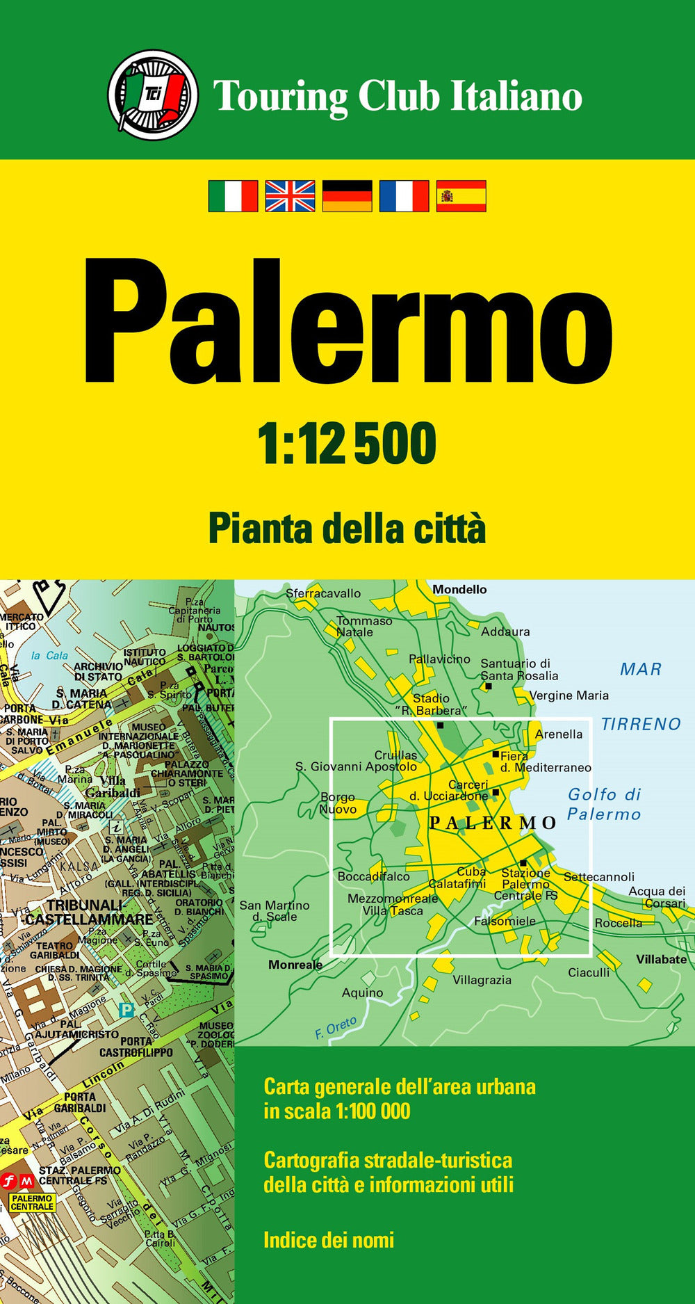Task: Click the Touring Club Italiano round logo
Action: [153, 95]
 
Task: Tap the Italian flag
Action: [233, 195]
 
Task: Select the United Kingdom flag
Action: [290, 195]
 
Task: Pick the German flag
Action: [347, 195]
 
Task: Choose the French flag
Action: [404, 195]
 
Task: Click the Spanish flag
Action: [461, 195]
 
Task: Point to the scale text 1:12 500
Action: [347, 444]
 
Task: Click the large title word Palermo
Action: [347, 323]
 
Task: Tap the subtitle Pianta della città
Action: [347, 529]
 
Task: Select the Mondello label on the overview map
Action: [459, 590]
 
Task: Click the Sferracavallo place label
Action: [323, 593]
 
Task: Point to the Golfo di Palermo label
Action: [604, 804]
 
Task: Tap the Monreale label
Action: [295, 965]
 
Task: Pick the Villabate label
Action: [661, 959]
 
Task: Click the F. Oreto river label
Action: [336, 1028]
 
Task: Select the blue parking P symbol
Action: [126, 1010]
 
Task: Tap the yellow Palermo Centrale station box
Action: [32, 1202]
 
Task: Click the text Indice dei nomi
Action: [329, 1239]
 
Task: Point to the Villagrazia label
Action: [482, 980]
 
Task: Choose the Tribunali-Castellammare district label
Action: [88, 912]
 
